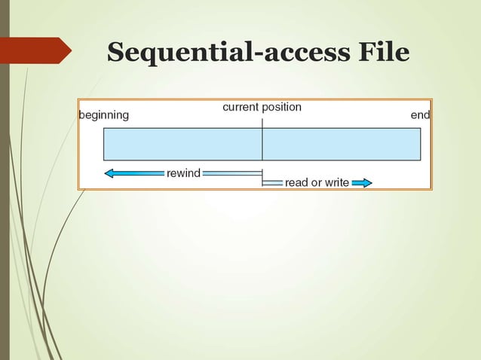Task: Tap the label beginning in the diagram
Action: tap(104, 116)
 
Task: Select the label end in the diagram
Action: tap(420, 116)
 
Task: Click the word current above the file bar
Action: tap(241, 107)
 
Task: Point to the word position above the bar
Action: tap(281, 107)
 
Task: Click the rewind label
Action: tap(183, 173)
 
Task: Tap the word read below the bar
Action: tap(297, 183)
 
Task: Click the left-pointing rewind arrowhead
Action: tap(110, 173)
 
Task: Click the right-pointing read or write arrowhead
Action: tap(366, 183)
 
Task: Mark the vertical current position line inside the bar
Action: tap(262, 144)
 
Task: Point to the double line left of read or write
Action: tap(273, 183)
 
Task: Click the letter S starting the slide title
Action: tap(116, 53)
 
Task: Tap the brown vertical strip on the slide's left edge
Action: tap(5, 226)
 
